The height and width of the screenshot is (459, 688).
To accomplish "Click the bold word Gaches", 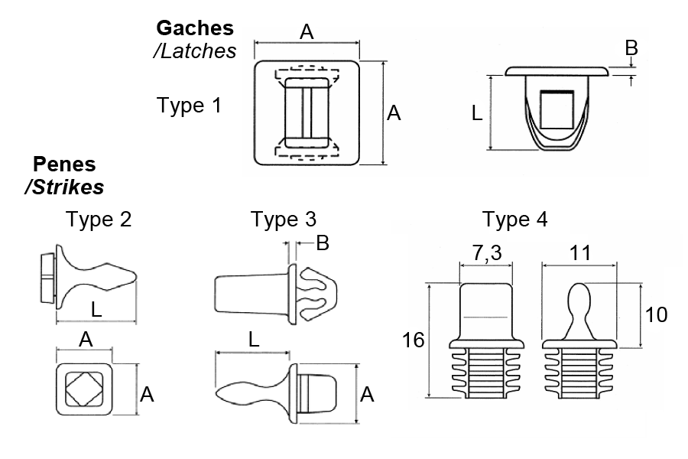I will point(194,28).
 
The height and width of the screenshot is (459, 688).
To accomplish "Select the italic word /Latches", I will point(194,50).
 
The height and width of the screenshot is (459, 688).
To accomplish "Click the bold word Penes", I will point(64,164).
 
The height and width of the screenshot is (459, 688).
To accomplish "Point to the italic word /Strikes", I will point(64,186).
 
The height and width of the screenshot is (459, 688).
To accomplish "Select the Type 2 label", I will point(99,220).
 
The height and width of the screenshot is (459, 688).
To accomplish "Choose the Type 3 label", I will point(284,220).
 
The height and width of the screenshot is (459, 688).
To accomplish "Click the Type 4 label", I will point(515,220).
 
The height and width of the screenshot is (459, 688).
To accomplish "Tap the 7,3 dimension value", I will point(485,253).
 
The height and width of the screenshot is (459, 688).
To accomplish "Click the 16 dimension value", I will point(414,340).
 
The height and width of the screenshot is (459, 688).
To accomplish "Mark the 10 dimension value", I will point(656,314).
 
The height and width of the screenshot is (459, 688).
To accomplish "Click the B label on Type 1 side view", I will point(631,47).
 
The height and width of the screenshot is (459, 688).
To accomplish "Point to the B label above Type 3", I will point(323,243).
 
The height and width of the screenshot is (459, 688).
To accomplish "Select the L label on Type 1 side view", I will point(476,113).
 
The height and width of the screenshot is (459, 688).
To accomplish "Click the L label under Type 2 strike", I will point(96,310).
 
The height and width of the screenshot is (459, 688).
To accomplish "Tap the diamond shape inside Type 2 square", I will point(84,387).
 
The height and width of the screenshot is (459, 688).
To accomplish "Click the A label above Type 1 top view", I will point(307,31).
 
